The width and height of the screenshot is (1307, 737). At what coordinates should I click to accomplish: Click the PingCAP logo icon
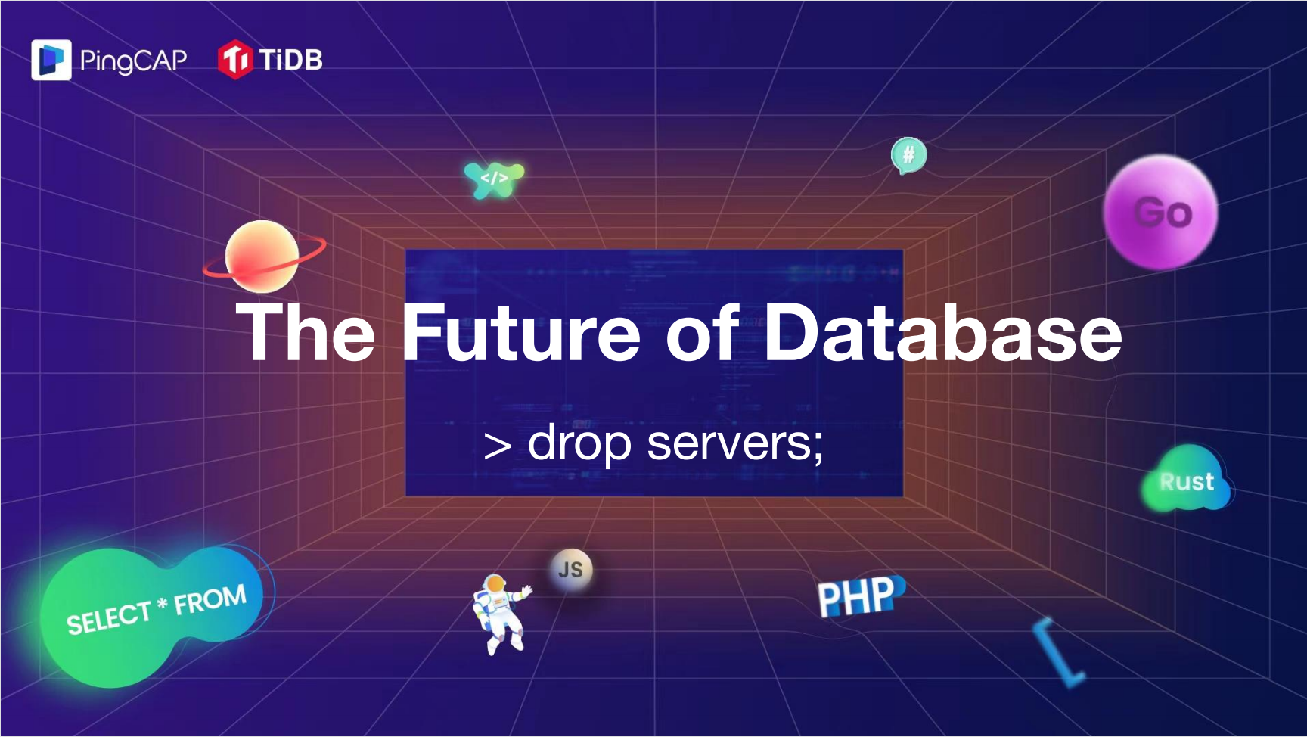[51, 60]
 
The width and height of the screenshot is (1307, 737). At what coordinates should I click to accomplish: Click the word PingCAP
[133, 61]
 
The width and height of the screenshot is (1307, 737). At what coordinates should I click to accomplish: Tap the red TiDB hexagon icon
[234, 59]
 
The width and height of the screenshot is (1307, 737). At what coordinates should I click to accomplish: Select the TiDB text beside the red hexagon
[290, 59]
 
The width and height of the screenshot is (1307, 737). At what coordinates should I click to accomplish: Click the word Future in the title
[521, 332]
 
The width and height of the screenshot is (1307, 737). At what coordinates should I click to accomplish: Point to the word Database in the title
[943, 332]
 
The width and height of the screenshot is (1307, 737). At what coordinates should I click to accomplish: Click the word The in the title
[306, 332]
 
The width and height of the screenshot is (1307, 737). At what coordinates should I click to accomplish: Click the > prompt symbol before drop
[497, 446]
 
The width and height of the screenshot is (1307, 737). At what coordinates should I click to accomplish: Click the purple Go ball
[1161, 212]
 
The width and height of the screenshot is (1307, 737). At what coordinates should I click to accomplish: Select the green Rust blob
[1186, 478]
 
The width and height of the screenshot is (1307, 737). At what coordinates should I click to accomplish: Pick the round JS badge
[571, 570]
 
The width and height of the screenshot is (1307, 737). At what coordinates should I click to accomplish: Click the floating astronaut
[499, 614]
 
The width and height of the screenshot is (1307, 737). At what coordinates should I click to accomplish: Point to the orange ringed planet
[263, 257]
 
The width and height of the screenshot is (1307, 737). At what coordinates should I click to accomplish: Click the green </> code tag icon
[494, 179]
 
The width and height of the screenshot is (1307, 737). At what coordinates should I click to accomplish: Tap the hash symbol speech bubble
[908, 156]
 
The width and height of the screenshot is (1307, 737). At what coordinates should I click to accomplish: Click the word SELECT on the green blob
[109, 618]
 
